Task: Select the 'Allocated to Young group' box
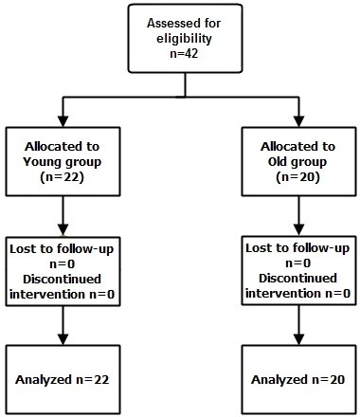pyautogui.click(x=63, y=161)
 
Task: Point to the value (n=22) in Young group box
pyautogui.click(x=63, y=177)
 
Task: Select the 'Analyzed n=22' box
pyautogui.click(x=63, y=379)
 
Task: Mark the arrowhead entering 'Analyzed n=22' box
pyautogui.click(x=63, y=342)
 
